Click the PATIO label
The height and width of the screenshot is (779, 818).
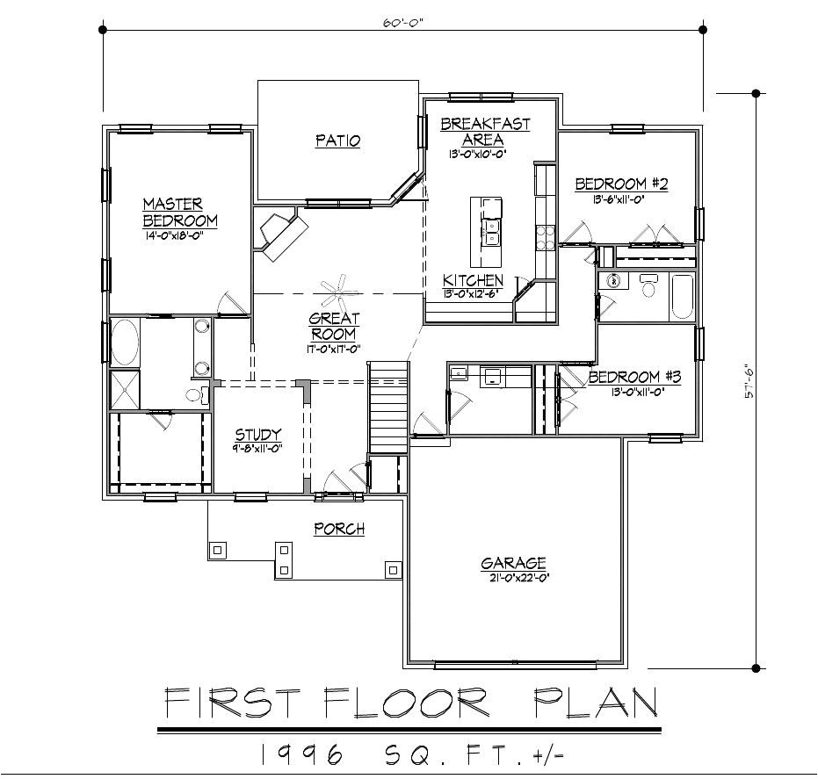(x=337, y=141)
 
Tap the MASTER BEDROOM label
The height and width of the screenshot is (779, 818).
(x=180, y=212)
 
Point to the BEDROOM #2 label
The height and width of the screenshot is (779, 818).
(x=621, y=184)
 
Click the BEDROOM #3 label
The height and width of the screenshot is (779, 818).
(x=634, y=377)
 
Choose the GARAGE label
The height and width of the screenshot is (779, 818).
(x=513, y=563)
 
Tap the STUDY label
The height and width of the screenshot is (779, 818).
(x=257, y=435)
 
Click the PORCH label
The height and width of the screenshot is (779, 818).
(x=339, y=529)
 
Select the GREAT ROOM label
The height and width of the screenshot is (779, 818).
(x=334, y=326)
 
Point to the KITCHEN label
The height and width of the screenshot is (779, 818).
(x=473, y=280)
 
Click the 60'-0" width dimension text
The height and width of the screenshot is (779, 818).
(x=402, y=23)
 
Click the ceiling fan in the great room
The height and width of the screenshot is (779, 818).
(x=335, y=287)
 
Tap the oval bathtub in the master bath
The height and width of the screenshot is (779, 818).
(x=124, y=342)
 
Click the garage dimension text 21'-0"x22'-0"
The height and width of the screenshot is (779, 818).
(x=514, y=578)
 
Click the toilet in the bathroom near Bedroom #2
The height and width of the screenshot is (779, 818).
(x=648, y=286)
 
